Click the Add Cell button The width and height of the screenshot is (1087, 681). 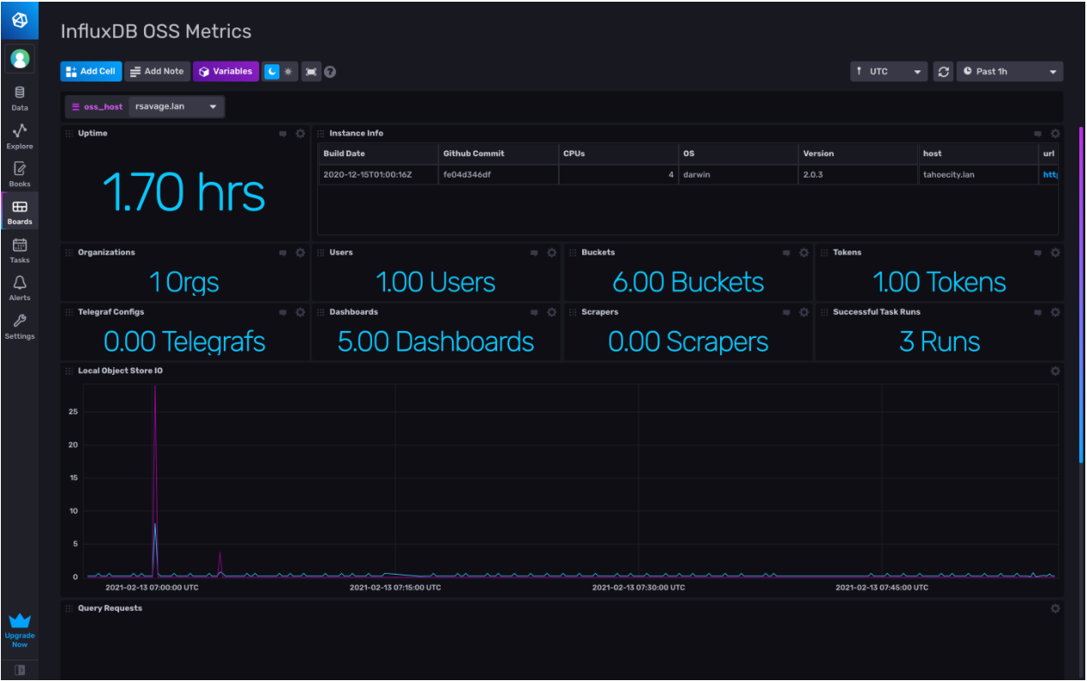pyautogui.click(x=91, y=71)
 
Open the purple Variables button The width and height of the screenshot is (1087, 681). pyautogui.click(x=225, y=71)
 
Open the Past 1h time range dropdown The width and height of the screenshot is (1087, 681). pyautogui.click(x=1009, y=71)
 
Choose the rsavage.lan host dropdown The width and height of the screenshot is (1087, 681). pyautogui.click(x=176, y=106)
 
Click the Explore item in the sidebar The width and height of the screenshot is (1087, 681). pyautogui.click(x=20, y=136)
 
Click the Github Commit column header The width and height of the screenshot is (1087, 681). pyautogui.click(x=473, y=154)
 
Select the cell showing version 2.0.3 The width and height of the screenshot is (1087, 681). pyautogui.click(x=814, y=174)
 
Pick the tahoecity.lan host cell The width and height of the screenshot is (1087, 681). pyautogui.click(x=948, y=174)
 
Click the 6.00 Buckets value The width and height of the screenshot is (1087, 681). pyautogui.click(x=688, y=282)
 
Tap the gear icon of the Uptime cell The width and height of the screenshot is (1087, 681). pyautogui.click(x=300, y=134)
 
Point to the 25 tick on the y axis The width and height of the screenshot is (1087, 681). pyautogui.click(x=73, y=412)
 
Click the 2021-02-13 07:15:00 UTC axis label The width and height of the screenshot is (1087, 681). pyautogui.click(x=395, y=588)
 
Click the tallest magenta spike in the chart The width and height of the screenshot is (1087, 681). pyautogui.click(x=154, y=388)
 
